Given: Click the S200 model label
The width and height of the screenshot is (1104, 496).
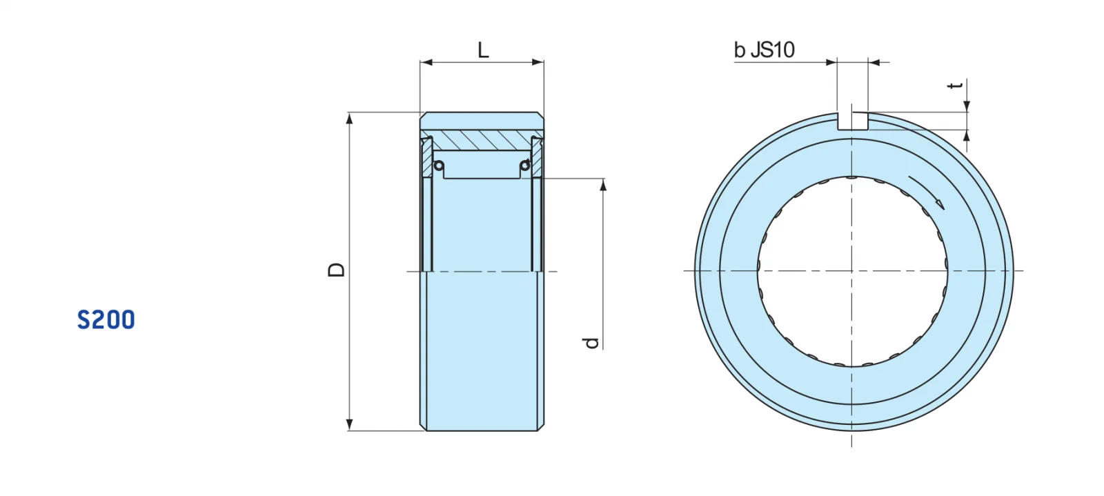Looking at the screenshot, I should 106,320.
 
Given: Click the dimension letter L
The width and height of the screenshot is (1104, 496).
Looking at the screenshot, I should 483,50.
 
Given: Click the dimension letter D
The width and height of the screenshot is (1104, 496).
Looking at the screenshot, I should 336,270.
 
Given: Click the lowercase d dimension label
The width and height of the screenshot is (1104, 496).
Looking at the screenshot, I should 591,342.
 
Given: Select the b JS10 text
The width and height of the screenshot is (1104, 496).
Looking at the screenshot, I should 764,50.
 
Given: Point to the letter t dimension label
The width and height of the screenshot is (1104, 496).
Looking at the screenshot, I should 955,86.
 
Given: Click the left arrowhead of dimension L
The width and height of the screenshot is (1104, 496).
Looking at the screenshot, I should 426,62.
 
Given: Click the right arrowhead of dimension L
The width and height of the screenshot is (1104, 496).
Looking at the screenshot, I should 538,62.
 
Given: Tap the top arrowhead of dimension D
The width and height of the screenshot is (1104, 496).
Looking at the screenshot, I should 350,118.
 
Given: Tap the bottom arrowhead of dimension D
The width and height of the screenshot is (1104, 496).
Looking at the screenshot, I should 350,425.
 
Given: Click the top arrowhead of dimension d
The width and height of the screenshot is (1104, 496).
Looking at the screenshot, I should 603,184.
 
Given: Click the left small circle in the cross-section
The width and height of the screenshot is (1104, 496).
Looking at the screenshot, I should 439,166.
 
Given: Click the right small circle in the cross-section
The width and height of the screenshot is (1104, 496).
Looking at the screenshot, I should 525,166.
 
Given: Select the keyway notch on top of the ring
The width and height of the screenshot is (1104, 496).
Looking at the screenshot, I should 853,121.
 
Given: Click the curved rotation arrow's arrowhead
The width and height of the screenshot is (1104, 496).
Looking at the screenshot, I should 938,202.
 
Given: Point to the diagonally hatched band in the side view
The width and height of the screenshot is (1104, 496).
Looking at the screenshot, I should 482,139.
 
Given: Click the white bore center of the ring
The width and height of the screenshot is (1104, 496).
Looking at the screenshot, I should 853,270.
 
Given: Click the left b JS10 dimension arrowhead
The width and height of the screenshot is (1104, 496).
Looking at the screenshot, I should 831,62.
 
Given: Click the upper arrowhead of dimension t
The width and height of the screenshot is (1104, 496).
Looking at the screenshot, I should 967,106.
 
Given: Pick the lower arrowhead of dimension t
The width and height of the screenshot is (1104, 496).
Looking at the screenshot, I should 967,135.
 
